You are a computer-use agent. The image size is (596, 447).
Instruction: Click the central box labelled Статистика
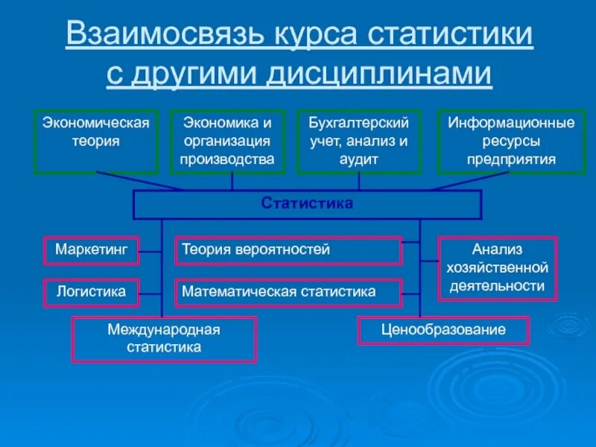point(307,203)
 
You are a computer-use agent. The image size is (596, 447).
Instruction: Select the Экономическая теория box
point(95,142)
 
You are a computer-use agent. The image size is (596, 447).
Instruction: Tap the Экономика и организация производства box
point(227,142)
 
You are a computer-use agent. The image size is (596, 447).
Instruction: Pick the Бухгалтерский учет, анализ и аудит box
point(359,142)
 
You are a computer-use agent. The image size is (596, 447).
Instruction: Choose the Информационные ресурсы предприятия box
point(511,142)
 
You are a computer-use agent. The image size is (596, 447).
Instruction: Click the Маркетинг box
point(92,250)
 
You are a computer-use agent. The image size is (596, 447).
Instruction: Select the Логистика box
point(92,292)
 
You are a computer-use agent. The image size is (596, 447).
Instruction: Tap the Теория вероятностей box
point(288,250)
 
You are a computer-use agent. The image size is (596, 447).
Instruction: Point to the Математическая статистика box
point(288,292)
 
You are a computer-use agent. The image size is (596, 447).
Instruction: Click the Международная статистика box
point(164,339)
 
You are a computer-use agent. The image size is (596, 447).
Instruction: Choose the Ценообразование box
point(443,330)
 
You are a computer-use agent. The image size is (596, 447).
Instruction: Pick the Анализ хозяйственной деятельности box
point(497,267)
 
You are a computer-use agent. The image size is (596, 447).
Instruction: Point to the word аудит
point(360,159)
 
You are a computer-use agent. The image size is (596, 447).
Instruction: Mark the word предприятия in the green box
point(511,159)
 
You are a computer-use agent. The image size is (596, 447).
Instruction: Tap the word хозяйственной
point(497,267)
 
